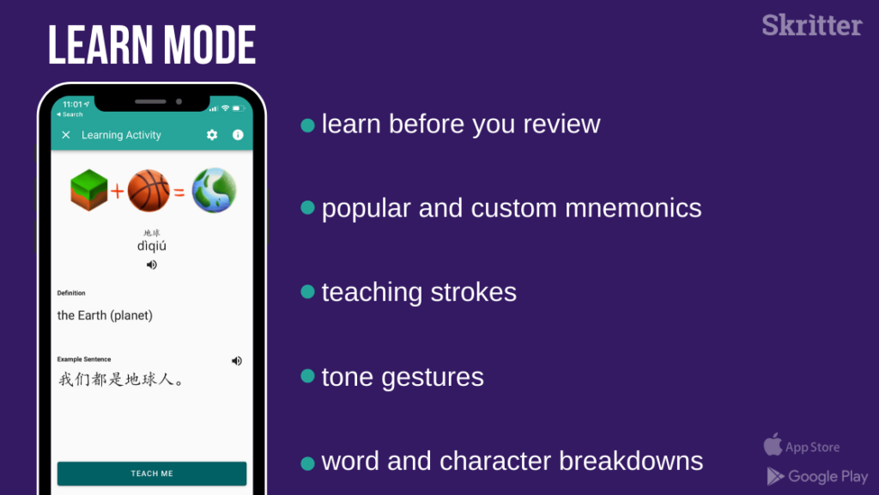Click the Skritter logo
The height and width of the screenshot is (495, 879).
pos(812,25)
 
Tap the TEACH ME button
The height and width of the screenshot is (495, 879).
pos(152,474)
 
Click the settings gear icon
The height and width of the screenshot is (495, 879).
pos(212,135)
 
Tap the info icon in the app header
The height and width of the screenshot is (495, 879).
pos(239,135)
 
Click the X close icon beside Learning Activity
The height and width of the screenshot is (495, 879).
pos(66,135)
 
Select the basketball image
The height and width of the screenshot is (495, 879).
pos(149,191)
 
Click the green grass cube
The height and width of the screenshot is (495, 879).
pos(89,190)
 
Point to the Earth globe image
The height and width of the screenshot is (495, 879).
pos(214,190)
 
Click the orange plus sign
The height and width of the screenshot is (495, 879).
pos(117,192)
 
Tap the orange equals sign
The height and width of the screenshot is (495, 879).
pos(179,193)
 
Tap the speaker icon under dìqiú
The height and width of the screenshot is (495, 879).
pos(152,265)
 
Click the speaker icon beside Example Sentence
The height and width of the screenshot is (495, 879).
pos(237,361)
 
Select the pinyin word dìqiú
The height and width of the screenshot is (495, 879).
pos(152,246)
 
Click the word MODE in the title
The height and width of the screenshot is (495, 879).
pos(210,46)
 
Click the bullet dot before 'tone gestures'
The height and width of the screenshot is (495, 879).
pos(308,376)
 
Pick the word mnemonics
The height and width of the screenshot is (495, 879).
pos(633,208)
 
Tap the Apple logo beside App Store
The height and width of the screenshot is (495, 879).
pos(773,444)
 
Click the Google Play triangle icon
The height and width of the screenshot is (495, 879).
pos(775,476)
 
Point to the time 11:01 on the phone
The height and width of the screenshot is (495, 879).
pos(72,104)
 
